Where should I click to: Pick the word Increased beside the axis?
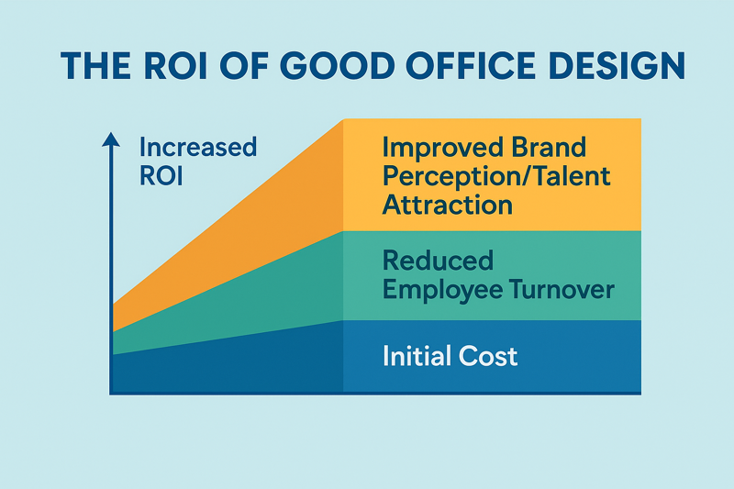click(198, 147)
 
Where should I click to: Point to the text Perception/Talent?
click(496, 174)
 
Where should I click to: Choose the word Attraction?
click(446, 203)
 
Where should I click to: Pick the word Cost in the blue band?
click(490, 356)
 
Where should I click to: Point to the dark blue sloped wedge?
click(239, 362)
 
